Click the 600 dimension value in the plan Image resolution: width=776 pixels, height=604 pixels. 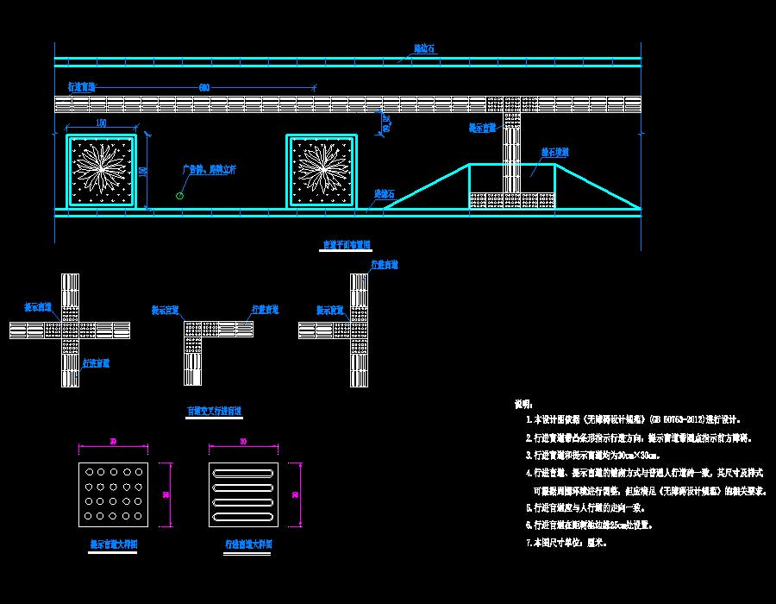pos(204,87)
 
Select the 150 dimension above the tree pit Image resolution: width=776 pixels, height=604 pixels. pos(101,124)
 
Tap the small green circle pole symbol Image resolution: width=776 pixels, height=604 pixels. pos(179,196)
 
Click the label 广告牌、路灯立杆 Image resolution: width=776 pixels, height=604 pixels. pos(210,170)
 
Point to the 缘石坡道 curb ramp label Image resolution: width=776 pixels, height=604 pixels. pos(554,152)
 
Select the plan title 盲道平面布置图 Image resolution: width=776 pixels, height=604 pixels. pos(347,245)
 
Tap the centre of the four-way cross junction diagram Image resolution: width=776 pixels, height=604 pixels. pos(70,330)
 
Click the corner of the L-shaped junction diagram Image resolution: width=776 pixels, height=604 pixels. pos(192,330)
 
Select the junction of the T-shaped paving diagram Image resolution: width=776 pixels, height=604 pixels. pos(359,330)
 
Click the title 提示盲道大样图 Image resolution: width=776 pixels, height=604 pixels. pos(115,545)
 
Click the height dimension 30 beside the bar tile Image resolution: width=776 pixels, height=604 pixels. pos(296,494)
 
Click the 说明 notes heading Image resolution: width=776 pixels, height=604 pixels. pos(523,404)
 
